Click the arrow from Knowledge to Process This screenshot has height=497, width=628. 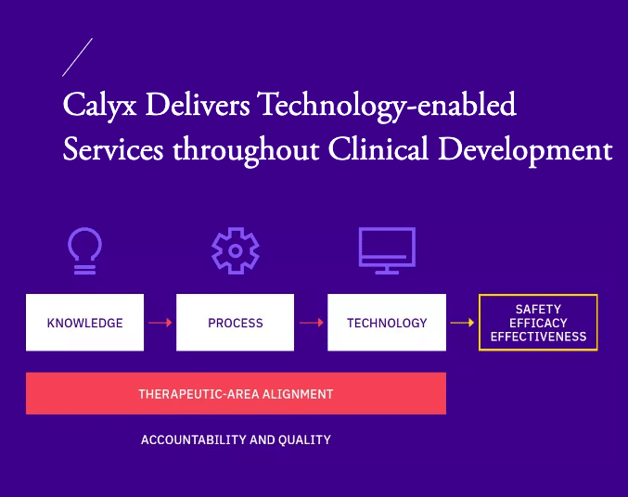coord(160,323)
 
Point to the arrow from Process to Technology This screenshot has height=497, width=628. coord(311,323)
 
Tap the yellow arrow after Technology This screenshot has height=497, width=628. coord(462,323)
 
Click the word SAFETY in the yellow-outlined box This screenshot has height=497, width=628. coord(538,309)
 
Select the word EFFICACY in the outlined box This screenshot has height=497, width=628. coord(538,323)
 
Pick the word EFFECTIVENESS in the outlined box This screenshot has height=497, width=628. coord(538,337)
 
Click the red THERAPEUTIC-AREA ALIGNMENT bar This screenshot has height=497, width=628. coord(236,393)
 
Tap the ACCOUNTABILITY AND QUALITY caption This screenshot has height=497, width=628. coord(236,440)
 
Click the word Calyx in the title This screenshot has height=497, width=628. coord(100,106)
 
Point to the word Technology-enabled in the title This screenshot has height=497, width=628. coord(387,106)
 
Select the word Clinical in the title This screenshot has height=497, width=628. coord(378,149)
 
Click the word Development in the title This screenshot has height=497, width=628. coord(525,150)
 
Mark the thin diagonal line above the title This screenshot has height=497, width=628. coord(77,57)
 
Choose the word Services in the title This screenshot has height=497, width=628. coord(113,149)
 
